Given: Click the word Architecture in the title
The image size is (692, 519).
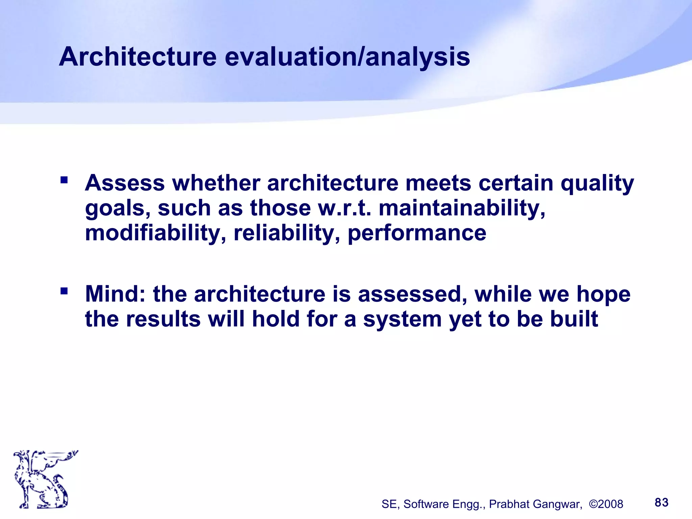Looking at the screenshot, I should coord(138,57).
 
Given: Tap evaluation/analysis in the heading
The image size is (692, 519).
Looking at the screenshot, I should coord(347,57).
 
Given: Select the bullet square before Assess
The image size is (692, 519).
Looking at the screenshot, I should coord(64,179).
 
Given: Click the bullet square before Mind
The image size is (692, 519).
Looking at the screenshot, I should coord(64,291).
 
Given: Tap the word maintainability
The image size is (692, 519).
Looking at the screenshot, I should coord(462,208).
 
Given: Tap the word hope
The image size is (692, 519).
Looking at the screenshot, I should coord(603,295).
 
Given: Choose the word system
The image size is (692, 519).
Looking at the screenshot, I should coord(402,320).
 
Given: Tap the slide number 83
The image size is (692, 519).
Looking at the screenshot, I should coord(661,502).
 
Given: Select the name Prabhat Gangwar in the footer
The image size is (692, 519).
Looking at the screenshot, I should coord(536,504).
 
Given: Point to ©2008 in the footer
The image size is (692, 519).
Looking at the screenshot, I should coord(606,504).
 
